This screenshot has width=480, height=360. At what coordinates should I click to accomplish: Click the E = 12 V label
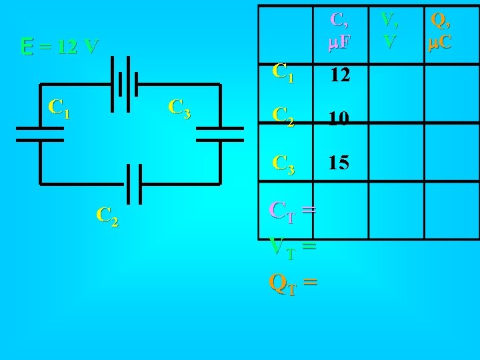[60, 47]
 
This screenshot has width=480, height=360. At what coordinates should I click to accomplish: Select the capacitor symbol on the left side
[40, 133]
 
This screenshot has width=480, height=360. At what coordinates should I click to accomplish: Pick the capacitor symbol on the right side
[220, 133]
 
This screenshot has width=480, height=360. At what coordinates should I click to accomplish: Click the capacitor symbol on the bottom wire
[131, 183]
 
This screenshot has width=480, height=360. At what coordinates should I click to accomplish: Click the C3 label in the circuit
[180, 108]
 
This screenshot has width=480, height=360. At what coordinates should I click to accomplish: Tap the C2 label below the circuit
[107, 215]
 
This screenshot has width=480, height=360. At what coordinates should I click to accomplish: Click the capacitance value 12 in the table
[341, 74]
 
